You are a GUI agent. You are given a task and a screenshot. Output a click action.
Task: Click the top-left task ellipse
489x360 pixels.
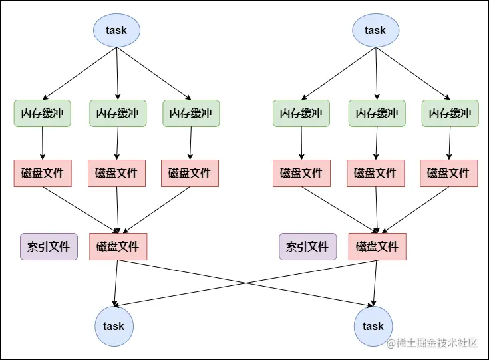pyautogui.click(x=116, y=30)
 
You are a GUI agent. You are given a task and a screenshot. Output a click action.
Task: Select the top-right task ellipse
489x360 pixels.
pyautogui.click(x=375, y=30)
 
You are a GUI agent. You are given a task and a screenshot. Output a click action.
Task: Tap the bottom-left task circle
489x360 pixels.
pyautogui.click(x=114, y=326)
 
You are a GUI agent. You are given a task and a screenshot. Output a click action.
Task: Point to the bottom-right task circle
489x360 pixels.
pyautogui.click(x=373, y=326)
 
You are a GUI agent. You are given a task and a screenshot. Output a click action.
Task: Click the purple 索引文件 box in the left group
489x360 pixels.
pyautogui.click(x=49, y=246)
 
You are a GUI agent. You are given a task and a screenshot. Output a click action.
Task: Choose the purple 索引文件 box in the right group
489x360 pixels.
pyautogui.click(x=307, y=246)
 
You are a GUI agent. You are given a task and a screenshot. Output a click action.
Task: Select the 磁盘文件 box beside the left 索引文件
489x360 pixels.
pyautogui.click(x=118, y=246)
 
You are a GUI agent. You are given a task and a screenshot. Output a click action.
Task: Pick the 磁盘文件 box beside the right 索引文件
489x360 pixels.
pyautogui.click(x=377, y=246)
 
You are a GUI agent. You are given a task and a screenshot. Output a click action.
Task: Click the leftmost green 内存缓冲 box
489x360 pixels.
pyautogui.click(x=43, y=114)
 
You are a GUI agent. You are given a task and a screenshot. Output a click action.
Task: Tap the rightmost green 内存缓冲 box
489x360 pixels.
pyautogui.click(x=450, y=114)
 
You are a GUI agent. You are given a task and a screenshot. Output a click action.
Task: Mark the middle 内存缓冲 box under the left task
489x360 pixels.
pyautogui.click(x=118, y=114)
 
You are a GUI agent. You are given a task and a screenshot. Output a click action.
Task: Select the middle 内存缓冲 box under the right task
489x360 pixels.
pyautogui.click(x=377, y=114)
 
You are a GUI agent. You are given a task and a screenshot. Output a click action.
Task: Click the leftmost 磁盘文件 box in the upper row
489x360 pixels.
pyautogui.click(x=43, y=173)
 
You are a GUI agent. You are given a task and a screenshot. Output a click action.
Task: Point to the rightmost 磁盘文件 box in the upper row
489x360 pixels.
pyautogui.click(x=449, y=173)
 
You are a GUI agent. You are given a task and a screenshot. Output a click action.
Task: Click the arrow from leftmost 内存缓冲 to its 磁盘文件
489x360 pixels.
pyautogui.click(x=43, y=143)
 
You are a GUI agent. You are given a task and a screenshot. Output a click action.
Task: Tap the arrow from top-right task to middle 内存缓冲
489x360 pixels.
pyautogui.click(x=376, y=73)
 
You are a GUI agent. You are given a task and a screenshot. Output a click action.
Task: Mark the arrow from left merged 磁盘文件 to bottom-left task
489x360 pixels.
pyautogui.click(x=116, y=283)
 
